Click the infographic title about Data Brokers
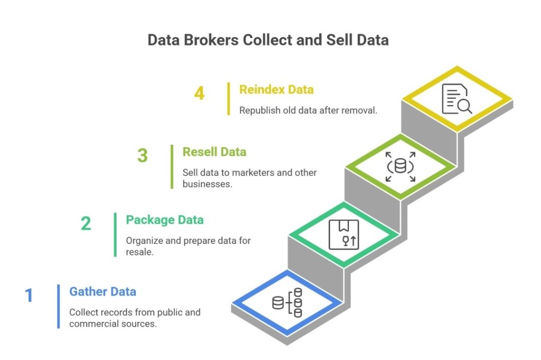(x=268, y=40)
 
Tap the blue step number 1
(x=29, y=295)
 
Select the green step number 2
(x=86, y=223)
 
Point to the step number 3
(x=143, y=156)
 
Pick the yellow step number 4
(x=199, y=94)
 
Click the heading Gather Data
(x=102, y=291)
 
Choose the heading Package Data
(x=164, y=220)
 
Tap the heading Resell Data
(x=214, y=152)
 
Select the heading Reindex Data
(x=276, y=90)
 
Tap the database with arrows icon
(x=400, y=167)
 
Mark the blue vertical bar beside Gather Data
(x=59, y=306)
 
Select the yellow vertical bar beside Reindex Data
(x=229, y=99)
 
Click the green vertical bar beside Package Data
(x=115, y=234)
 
